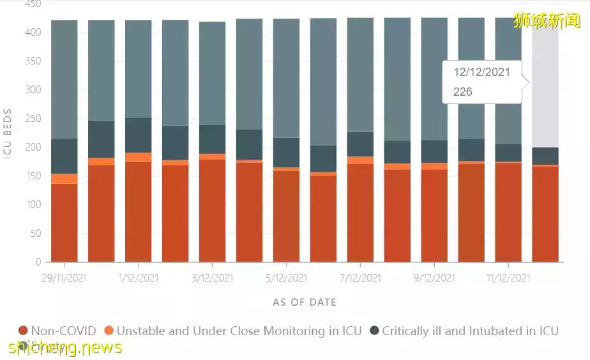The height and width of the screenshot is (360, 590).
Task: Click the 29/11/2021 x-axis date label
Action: pyautogui.click(x=64, y=278)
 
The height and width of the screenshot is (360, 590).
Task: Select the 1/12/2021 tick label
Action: pyautogui.click(x=139, y=278)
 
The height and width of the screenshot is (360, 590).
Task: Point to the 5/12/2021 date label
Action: pyautogui.click(x=287, y=278)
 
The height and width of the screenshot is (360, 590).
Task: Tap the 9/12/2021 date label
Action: pyautogui.click(x=434, y=278)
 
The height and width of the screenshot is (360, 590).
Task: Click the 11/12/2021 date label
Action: pyautogui.click(x=508, y=278)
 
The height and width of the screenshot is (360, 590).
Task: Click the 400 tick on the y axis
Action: pyautogui.click(x=33, y=33)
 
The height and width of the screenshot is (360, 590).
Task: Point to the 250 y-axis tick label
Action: pyautogui.click(x=33, y=119)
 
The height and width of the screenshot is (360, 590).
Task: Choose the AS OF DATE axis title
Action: pyautogui.click(x=305, y=302)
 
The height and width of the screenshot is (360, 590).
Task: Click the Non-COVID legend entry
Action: pyautogui.click(x=63, y=331)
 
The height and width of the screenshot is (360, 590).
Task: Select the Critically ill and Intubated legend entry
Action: pyautogui.click(x=470, y=331)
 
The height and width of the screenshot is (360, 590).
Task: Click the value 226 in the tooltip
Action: pyautogui.click(x=463, y=92)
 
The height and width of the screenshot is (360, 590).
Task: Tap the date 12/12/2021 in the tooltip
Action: pyautogui.click(x=482, y=72)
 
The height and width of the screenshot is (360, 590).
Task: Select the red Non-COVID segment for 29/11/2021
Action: pyautogui.click(x=64, y=223)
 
